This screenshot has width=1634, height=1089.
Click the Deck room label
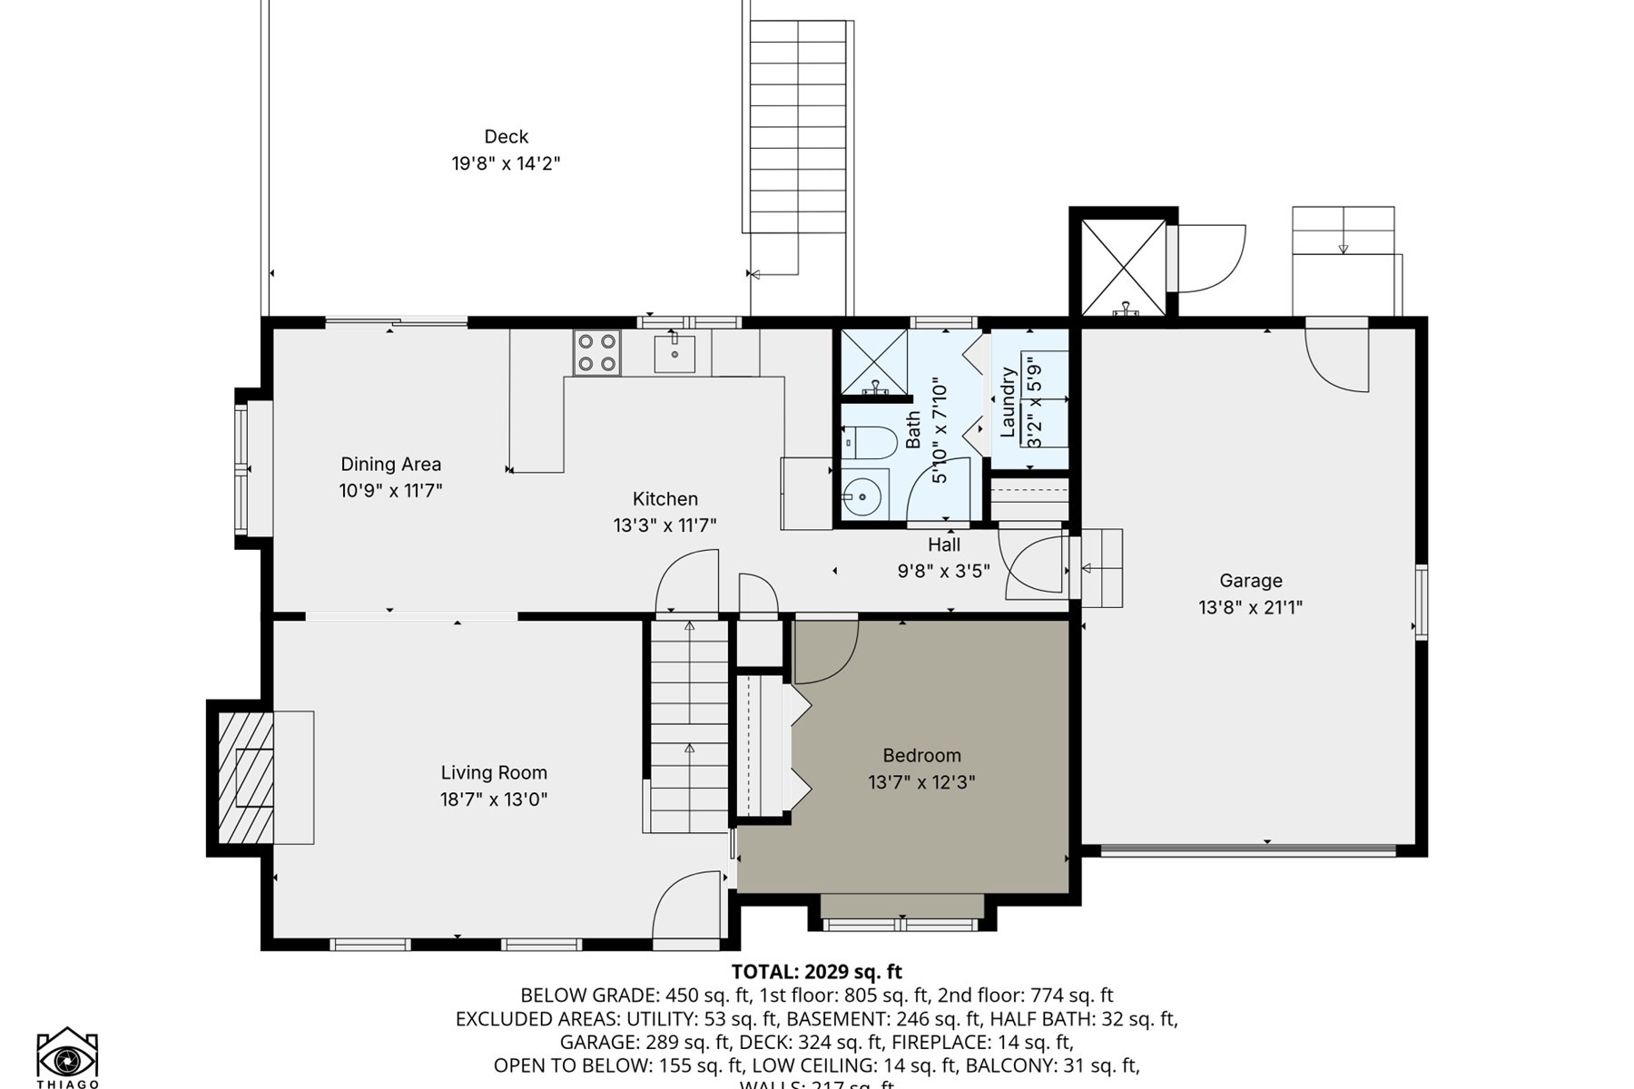click(506, 137)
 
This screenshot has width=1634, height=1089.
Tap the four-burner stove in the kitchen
click(596, 353)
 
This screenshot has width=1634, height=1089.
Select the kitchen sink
click(674, 354)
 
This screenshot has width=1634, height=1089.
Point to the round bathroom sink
click(858, 496)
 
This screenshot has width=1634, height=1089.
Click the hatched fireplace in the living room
click(246, 778)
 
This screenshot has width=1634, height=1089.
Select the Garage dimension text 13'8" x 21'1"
click(1250, 607)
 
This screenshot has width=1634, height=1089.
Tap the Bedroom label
click(921, 755)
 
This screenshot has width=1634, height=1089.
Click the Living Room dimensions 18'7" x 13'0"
click(494, 800)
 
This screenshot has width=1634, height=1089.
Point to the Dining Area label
click(390, 464)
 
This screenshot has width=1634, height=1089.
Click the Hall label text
click(944, 544)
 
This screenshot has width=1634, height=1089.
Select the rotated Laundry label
click(1008, 402)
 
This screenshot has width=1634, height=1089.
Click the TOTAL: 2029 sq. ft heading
click(816, 973)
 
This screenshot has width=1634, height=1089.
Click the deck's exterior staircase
click(798, 127)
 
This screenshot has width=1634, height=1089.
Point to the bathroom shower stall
click(873, 363)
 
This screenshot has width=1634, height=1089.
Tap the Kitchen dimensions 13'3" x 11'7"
click(664, 525)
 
